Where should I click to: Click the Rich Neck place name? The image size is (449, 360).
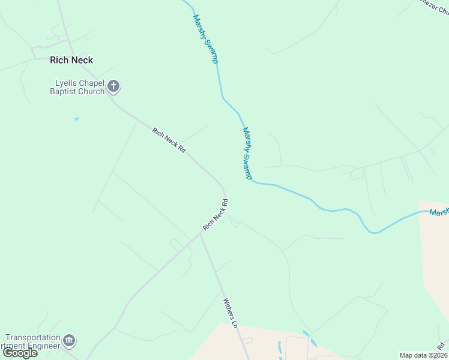pyautogui.click(x=71, y=60)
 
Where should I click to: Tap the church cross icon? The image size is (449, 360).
pyautogui.click(x=113, y=87)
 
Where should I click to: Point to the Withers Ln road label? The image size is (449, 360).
pyautogui.click(x=231, y=313)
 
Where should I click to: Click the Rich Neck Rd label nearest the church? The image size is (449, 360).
pyautogui.click(x=169, y=140)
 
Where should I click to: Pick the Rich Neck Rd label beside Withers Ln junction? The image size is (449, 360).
pyautogui.click(x=215, y=214)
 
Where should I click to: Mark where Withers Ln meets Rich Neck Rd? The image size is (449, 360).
pyautogui.click(x=200, y=234)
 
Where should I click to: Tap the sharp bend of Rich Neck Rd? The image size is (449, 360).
pyautogui.click(x=225, y=191)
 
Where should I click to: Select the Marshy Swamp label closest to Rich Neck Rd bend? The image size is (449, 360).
pyautogui.click(x=247, y=152)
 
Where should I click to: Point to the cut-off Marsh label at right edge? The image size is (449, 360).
pyautogui.click(x=439, y=212)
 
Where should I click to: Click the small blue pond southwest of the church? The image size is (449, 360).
pyautogui.click(x=76, y=119)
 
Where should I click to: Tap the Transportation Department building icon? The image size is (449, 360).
pyautogui.click(x=70, y=341)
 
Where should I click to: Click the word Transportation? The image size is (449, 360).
pyautogui.click(x=33, y=338)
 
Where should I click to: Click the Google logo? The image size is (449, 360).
pyautogui.click(x=20, y=352)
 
